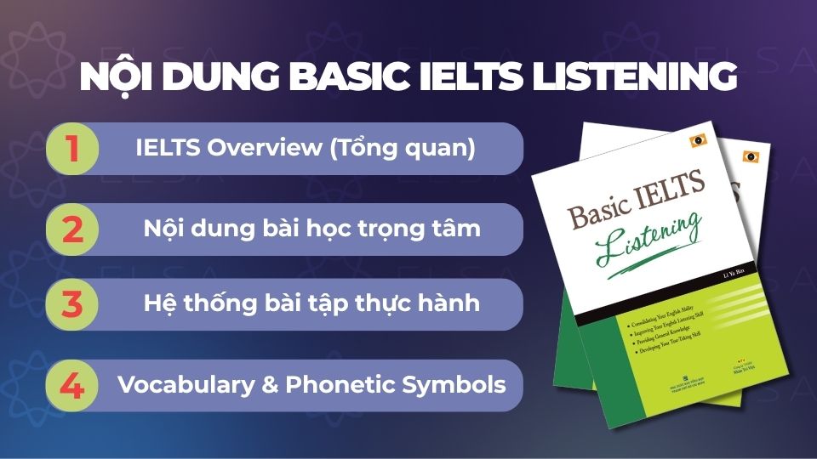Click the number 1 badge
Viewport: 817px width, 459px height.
coord(72,149)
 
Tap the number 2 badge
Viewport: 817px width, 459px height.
coord(72,229)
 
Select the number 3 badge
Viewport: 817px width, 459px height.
coord(72,304)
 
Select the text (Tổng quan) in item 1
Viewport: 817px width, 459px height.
coord(412,148)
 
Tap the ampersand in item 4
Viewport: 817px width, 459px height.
coord(271,384)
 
